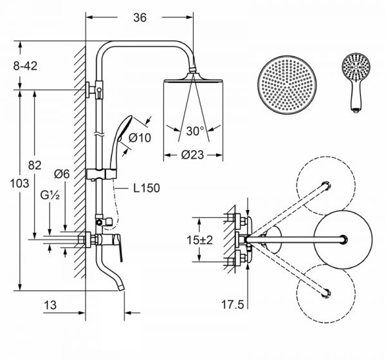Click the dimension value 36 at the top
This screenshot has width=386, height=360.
(140, 18)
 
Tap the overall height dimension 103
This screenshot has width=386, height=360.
(21, 184)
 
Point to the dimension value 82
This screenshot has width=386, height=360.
(35, 166)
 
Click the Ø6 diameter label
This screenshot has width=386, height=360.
(62, 173)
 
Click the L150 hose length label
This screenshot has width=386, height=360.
(147, 189)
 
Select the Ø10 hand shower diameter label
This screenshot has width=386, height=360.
(140, 137)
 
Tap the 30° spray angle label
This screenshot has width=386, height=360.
(195, 131)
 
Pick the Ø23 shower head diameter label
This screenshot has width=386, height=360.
(194, 155)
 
